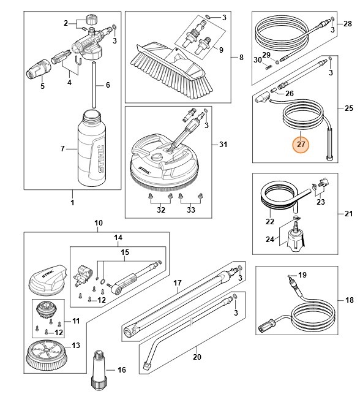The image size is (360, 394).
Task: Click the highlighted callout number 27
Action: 301,145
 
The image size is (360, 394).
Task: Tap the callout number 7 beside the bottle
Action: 62,149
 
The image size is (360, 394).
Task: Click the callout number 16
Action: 122,369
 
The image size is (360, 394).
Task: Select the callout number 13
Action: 75,346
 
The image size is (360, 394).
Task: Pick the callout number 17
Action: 178,282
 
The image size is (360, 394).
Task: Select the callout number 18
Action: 349,300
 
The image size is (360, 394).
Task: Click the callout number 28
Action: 348,23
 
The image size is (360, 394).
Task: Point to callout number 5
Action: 42,86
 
